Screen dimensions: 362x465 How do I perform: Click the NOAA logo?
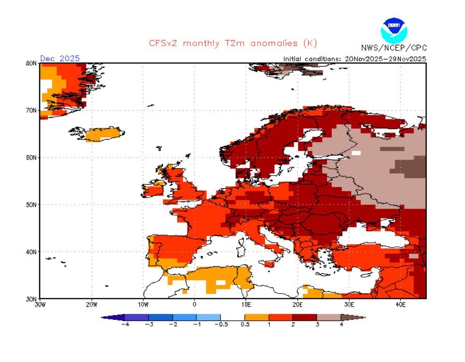click(x=394, y=29)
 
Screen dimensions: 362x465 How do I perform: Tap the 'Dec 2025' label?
click(x=60, y=59)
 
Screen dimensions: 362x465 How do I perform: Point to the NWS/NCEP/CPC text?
click(x=393, y=48)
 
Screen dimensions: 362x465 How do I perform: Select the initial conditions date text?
click(x=355, y=59)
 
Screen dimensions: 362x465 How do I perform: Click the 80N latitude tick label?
click(x=32, y=63)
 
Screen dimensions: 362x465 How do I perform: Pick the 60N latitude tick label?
click(x=32, y=157)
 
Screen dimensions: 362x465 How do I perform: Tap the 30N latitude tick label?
click(x=32, y=298)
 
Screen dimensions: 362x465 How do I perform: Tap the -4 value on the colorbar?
click(x=125, y=324)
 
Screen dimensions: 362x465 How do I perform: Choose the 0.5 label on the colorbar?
click(x=245, y=324)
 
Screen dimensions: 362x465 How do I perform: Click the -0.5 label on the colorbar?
click(x=220, y=324)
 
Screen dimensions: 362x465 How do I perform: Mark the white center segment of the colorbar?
click(x=233, y=317)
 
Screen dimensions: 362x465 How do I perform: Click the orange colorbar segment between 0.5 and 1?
click(x=256, y=317)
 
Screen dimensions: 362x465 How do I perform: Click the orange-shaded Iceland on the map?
click(x=103, y=134)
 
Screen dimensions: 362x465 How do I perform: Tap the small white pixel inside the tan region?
click(x=356, y=153)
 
